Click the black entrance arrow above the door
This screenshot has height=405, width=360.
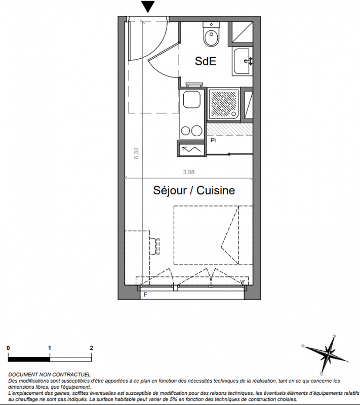coord(148,6)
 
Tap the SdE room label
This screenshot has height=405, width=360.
coord(205,61)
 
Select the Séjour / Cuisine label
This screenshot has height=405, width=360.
coord(194,190)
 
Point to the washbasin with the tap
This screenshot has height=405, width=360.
coord(242,61)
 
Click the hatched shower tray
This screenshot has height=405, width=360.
coord(223,103)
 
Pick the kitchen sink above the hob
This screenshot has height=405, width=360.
coord(192,100)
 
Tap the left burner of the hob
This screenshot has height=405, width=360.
coord(185,131)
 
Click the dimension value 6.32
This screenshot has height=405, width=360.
coord(136,153)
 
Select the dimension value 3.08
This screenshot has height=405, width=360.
coord(189,172)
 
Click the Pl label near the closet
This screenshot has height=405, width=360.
coord(213,141)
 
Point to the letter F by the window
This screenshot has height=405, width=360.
coord(145,295)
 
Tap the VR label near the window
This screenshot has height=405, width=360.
coord(243,281)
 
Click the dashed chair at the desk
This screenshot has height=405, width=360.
coord(154,246)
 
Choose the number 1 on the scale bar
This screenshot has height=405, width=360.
coord(49,348)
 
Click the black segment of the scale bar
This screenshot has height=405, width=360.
coord(29,359)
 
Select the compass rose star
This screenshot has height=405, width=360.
coord(328,353)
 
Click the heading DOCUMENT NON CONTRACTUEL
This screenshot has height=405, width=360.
coord(49,375)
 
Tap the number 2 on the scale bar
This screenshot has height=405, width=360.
coord(91,348)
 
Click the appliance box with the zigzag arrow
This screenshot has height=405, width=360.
coord(191,149)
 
